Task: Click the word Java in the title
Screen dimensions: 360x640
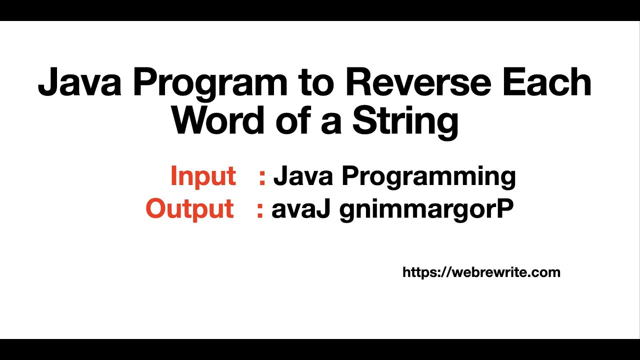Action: [x=79, y=82]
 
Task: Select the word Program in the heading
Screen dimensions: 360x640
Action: [x=210, y=82]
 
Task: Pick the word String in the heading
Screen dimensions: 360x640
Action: [x=405, y=121]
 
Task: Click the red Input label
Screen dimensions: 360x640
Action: [x=203, y=176]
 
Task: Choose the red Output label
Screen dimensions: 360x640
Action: [x=189, y=209]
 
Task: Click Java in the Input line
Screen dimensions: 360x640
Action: [x=303, y=176]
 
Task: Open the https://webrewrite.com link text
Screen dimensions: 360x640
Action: [x=481, y=272]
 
